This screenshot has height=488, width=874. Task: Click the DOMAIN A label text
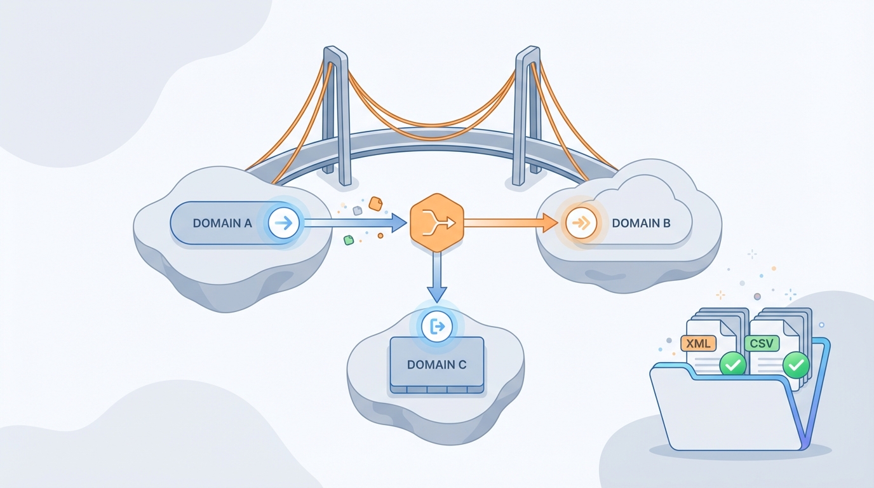pos(222,223)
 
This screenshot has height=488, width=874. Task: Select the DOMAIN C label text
pos(436,365)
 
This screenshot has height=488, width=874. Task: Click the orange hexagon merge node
pos(436,222)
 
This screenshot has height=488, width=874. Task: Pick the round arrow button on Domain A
pos(284,223)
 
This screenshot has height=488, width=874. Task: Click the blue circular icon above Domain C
pos(436,327)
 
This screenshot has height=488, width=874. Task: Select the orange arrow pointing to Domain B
pos(508,222)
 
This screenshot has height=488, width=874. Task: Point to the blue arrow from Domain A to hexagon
pos(356,222)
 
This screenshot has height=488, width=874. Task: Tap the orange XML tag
pos(698,344)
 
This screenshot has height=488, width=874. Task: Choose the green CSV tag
pos(762,344)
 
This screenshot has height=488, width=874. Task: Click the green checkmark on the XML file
pos(732,365)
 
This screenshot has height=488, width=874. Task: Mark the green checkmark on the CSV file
pos(795,365)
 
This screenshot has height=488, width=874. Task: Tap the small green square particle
pos(348,240)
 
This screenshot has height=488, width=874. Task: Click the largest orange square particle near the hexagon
pos(375,203)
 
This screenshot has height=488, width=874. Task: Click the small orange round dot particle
pos(380,236)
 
